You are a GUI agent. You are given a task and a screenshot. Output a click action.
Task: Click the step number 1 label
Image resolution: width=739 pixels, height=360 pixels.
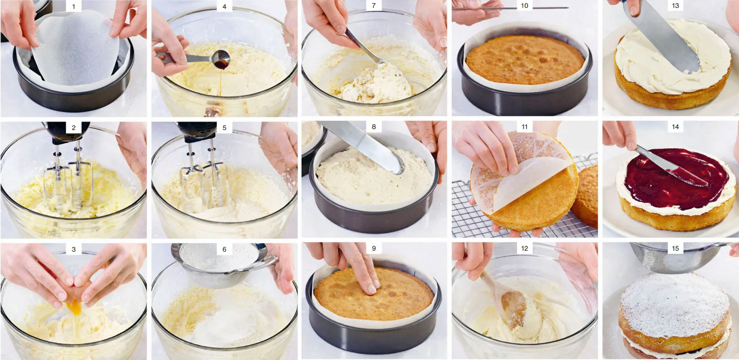(x=73, y=6)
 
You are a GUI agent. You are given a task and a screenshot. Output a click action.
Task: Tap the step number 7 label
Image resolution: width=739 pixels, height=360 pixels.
(x=373, y=6)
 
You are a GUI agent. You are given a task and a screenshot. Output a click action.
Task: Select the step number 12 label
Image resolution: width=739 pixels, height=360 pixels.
(x=525, y=249)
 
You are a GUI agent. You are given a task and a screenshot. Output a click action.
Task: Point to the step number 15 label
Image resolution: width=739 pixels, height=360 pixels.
(x=675, y=249)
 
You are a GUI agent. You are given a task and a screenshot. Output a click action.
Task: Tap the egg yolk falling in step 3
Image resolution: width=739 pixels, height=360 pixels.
(x=75, y=308)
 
